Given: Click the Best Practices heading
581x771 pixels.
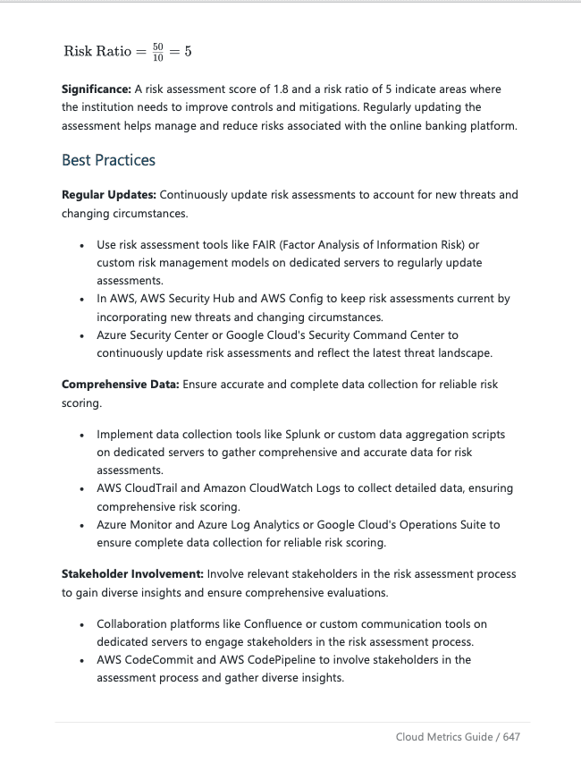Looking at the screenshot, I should coord(108,160).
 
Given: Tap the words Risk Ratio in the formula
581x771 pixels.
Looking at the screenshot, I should coord(97,51).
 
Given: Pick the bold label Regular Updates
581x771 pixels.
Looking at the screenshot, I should coord(108,194).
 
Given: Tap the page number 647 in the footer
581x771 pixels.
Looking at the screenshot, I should coord(510,737).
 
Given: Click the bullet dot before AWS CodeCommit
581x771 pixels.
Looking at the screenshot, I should coord(81,660).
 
